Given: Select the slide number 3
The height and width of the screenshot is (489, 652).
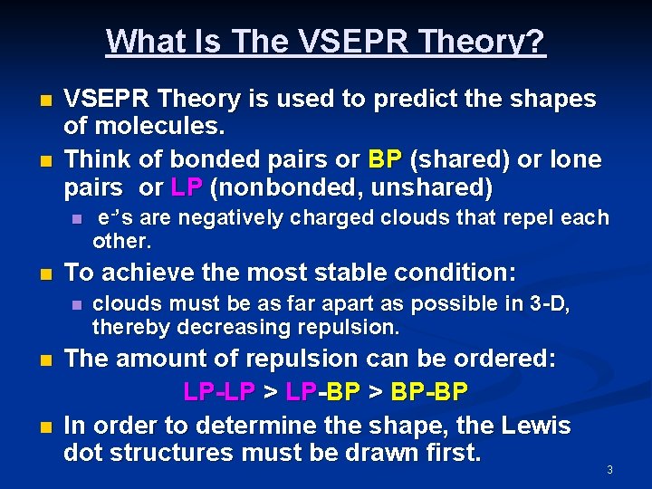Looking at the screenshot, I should coord(609,469).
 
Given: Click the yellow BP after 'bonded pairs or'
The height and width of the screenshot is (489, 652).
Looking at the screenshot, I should coord(386,159).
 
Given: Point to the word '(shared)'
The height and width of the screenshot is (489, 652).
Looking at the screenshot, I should coord(459,159).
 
